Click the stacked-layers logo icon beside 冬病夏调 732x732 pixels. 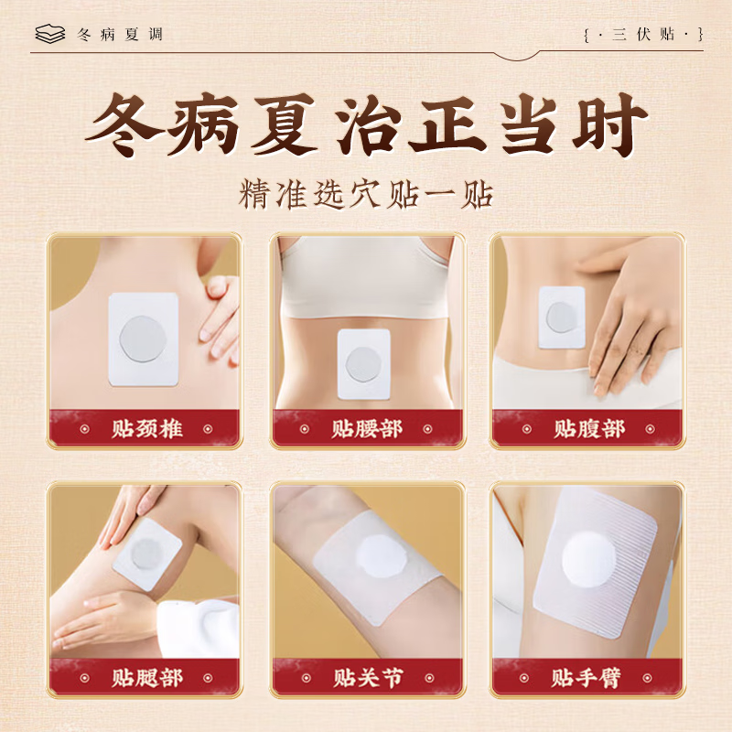(50, 34)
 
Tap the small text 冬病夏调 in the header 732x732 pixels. (120, 35)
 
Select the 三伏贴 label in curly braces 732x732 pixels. (644, 35)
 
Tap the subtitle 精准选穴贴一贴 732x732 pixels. (366, 195)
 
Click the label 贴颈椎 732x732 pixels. (146, 429)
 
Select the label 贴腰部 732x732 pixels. (367, 429)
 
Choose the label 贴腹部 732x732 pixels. (589, 429)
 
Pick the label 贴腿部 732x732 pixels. (146, 677)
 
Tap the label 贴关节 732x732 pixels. (368, 677)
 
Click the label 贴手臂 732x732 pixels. (587, 677)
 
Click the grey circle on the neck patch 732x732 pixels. (143, 339)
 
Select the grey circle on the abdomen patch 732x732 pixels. (562, 317)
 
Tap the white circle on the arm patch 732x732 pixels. (589, 560)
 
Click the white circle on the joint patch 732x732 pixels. (380, 558)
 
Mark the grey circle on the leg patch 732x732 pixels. (145, 554)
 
